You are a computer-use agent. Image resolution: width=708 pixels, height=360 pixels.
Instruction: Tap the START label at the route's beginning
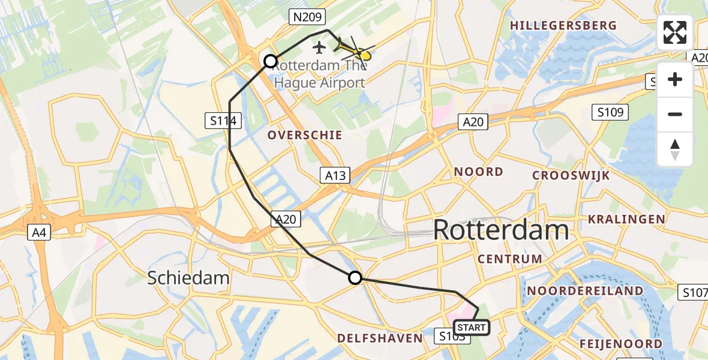click(472, 328)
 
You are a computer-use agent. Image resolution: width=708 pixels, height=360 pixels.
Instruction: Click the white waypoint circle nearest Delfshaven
click(355, 278)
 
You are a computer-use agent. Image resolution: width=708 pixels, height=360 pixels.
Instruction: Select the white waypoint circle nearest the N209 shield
click(271, 61)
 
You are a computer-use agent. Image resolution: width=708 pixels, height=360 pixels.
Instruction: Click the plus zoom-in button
click(675, 79)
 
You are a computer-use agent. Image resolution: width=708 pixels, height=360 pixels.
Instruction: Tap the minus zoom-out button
click(675, 114)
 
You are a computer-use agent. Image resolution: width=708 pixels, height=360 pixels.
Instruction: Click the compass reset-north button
click(675, 149)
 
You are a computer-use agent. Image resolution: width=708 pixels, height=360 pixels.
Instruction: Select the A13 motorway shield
click(335, 175)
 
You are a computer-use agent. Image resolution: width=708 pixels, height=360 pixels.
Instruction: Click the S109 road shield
click(611, 112)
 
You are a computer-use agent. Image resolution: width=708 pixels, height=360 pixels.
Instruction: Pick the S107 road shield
click(694, 292)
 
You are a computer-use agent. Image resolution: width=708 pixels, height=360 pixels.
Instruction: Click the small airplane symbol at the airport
click(319, 46)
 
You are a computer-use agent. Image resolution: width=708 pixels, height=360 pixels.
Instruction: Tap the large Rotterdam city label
click(500, 230)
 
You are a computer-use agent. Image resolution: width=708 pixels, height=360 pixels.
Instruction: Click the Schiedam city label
click(188, 278)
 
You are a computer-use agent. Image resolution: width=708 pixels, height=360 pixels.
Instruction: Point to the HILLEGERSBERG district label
click(563, 26)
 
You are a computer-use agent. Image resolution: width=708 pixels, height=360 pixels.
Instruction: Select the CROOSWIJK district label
click(571, 176)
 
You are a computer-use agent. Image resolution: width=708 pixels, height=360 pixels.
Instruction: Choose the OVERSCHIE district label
click(305, 135)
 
